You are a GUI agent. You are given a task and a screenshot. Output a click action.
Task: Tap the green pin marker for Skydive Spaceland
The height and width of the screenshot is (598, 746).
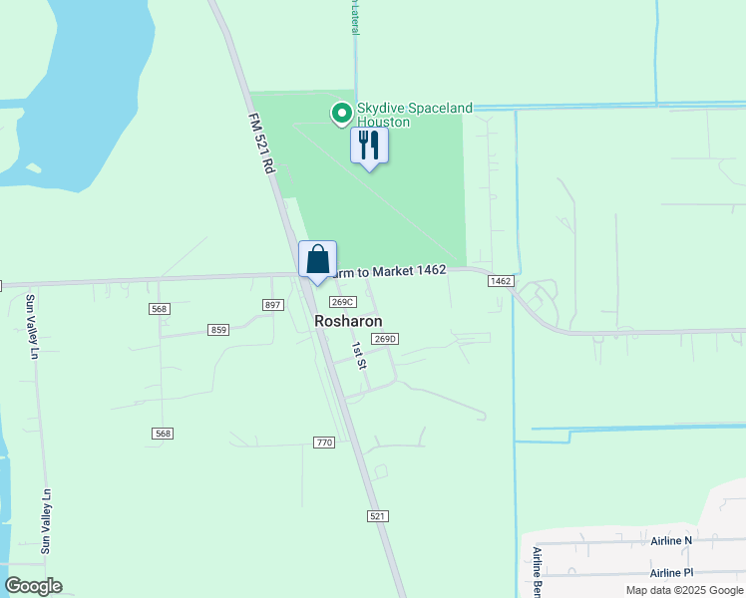(x=341, y=114)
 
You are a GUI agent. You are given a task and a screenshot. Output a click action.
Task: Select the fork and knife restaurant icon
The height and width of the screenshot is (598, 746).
(x=369, y=146)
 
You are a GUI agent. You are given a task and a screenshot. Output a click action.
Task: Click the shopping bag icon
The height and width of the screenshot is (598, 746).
(x=317, y=260)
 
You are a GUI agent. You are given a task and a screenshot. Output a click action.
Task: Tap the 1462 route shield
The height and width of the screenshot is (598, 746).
(x=501, y=282)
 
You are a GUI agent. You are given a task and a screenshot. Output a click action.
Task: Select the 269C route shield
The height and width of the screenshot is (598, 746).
(x=342, y=302)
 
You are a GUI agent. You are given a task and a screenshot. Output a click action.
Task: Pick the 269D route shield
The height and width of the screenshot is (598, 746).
(x=386, y=339)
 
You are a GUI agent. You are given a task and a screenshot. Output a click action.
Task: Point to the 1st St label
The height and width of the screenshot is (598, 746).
(x=359, y=354)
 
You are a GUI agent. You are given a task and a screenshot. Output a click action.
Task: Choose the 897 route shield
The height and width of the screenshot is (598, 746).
(x=273, y=305)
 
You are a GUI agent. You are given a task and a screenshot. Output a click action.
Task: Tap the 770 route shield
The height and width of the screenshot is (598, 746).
(x=323, y=443)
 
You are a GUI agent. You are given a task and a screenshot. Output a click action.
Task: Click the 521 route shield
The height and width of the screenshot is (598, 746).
(x=377, y=515)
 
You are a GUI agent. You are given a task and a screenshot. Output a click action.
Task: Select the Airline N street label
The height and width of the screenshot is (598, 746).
(x=671, y=541)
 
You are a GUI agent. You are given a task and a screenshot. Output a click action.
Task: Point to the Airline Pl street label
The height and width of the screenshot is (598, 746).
(x=671, y=573)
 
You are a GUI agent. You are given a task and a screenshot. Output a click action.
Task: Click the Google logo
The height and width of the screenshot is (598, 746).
(x=33, y=586)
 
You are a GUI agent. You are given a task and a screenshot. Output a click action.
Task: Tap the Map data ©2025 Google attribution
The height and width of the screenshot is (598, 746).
(x=684, y=590)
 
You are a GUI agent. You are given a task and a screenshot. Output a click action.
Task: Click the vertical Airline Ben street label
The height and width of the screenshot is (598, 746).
(x=537, y=570)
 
